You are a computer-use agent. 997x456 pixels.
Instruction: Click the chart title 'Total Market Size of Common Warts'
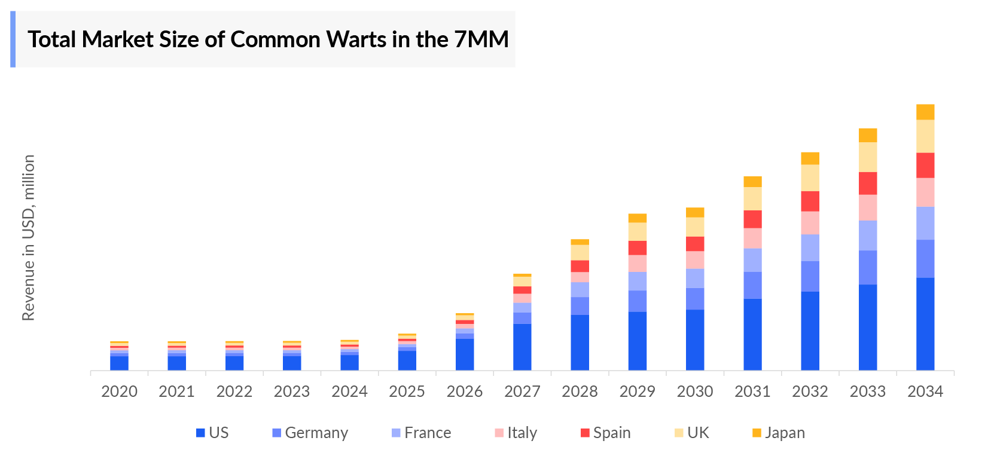click(268, 39)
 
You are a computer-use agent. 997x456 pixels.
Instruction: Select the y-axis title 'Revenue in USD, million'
click(28, 237)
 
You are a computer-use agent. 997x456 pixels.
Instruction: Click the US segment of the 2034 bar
click(925, 323)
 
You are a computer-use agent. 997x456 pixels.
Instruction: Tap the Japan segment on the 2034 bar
click(925, 112)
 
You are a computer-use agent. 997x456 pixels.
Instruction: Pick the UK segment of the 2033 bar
click(867, 157)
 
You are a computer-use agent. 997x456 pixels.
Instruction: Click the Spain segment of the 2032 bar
click(810, 201)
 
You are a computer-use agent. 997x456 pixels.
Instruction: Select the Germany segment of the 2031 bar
click(752, 285)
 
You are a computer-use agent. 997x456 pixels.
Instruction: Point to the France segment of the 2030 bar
click(694, 278)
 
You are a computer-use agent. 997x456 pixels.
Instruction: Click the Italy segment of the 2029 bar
click(637, 263)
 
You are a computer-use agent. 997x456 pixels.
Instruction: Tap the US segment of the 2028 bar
click(580, 342)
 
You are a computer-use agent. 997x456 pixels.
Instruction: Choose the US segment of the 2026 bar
click(464, 354)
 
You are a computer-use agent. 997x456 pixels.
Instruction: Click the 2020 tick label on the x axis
click(119, 391)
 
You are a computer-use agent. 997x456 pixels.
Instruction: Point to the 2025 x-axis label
click(407, 391)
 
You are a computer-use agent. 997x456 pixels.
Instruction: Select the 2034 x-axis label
click(925, 391)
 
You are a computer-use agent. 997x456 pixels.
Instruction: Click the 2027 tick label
click(522, 391)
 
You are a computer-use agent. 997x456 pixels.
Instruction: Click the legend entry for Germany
click(310, 433)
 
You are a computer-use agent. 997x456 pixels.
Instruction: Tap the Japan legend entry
click(778, 433)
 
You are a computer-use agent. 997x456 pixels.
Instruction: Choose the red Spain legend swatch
click(585, 433)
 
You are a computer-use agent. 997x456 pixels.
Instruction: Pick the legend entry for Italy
click(516, 433)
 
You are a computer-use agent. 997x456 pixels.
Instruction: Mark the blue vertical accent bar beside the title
click(13, 39)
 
